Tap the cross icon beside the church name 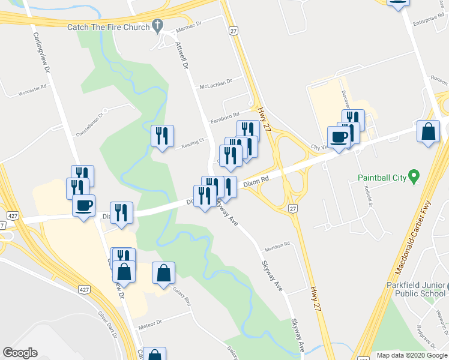click(158, 25)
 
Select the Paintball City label click(382, 178)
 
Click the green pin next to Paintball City click(414, 176)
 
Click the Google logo click(20, 353)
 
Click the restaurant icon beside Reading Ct click(161, 136)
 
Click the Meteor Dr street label click(150, 323)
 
